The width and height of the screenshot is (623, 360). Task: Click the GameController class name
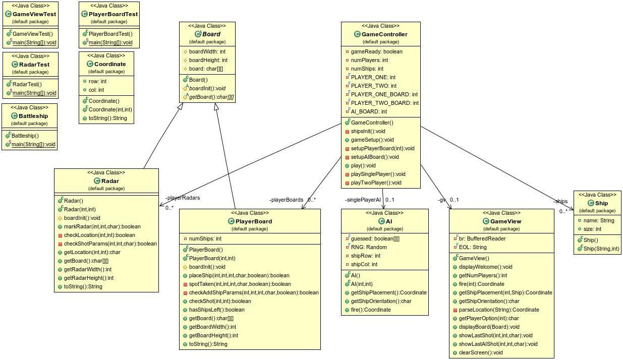384,34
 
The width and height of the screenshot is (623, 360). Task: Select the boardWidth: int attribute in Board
207,51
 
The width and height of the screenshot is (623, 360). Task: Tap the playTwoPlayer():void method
376,183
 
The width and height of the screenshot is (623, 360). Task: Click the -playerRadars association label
182,198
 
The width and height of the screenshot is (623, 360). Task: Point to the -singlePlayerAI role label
363,200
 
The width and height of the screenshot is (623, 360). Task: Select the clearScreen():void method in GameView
481,352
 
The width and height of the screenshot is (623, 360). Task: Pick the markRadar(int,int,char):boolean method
102,226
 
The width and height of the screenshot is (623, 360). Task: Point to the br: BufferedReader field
482,238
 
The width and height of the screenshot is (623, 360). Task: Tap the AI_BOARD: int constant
369,111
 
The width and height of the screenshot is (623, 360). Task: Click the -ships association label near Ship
560,202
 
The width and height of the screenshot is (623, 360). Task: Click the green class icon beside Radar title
97,181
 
